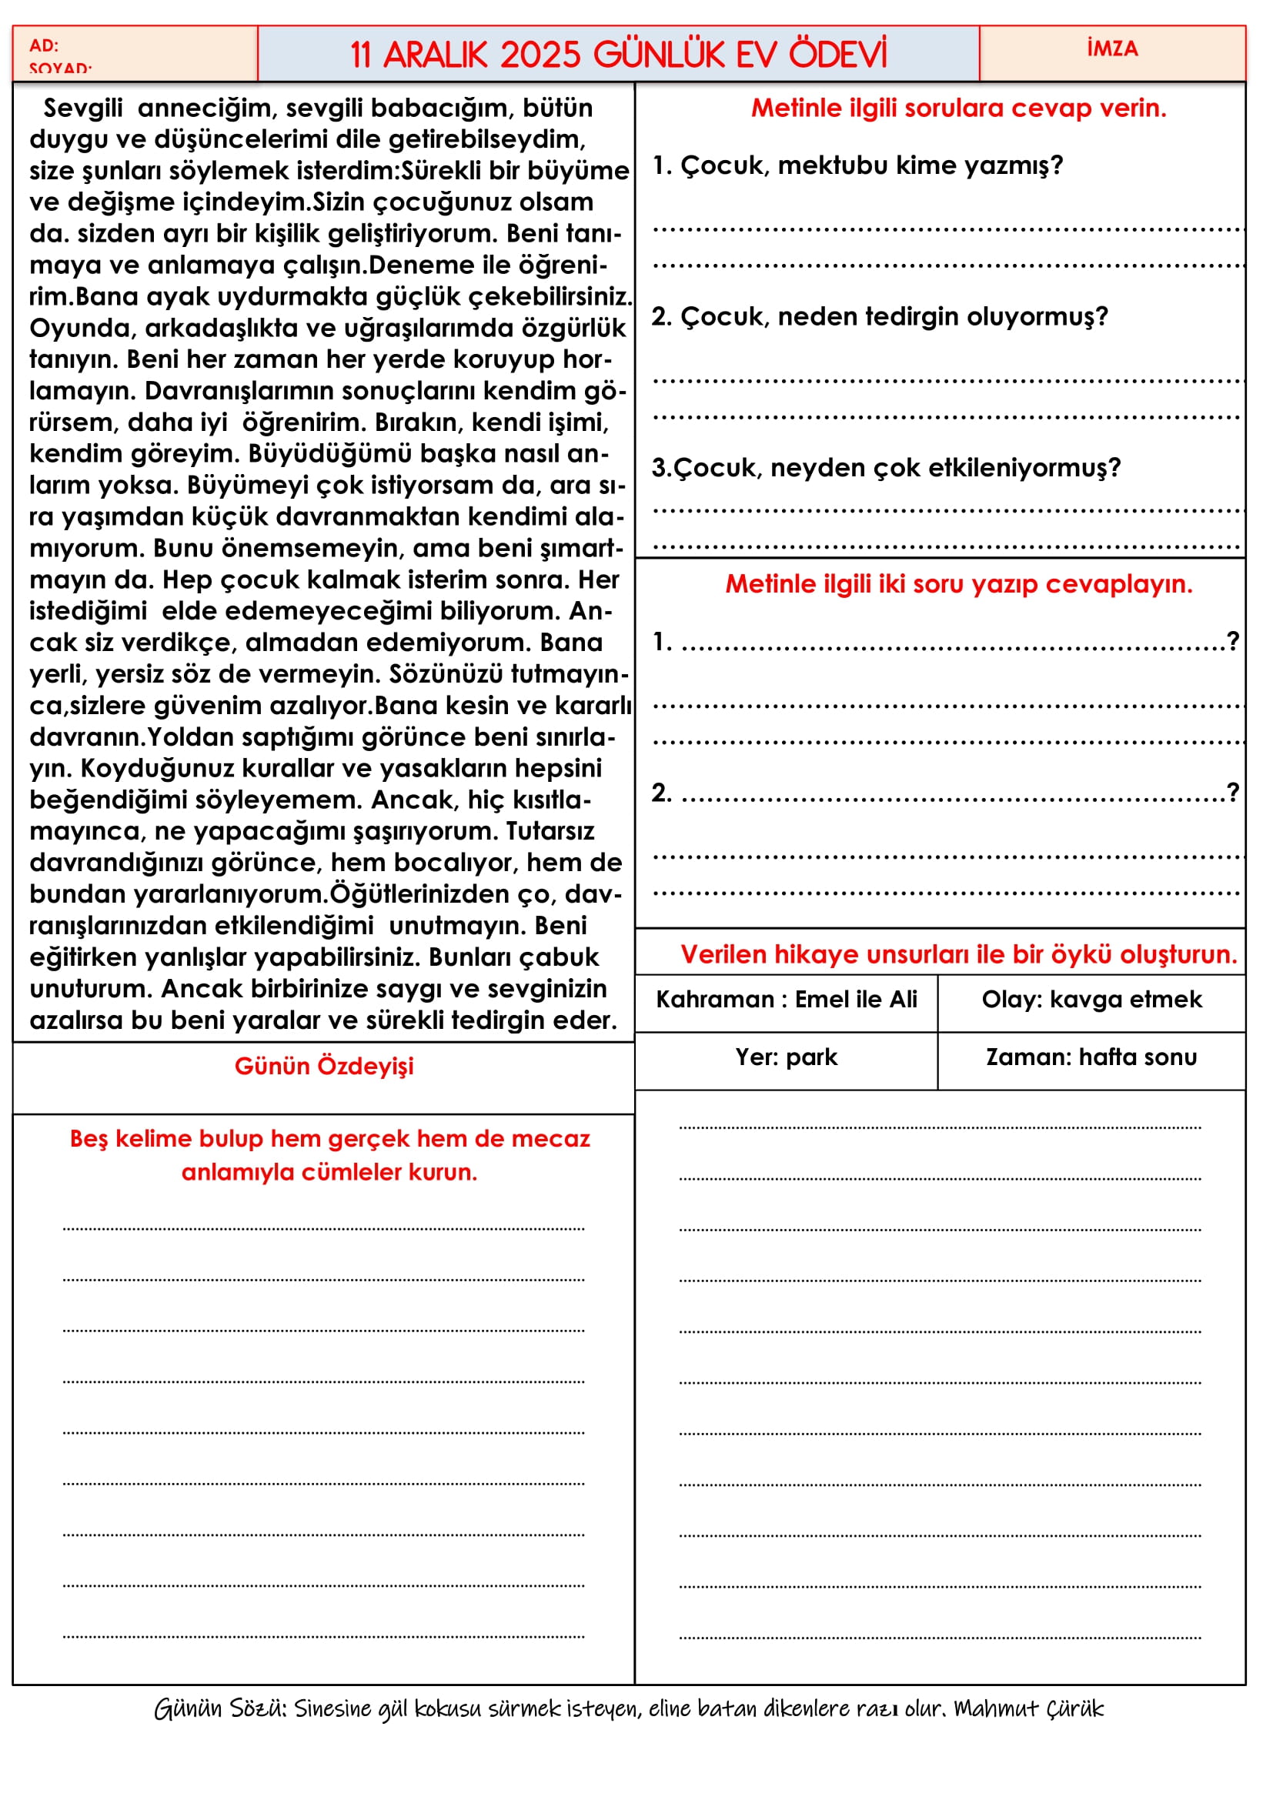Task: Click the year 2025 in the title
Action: pyautogui.click(x=540, y=55)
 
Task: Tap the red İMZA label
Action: pyautogui.click(x=1112, y=48)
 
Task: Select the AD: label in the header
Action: pyautogui.click(x=44, y=45)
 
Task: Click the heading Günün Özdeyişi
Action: pyautogui.click(x=324, y=1066)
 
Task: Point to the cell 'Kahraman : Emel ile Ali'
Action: pyautogui.click(x=787, y=1000)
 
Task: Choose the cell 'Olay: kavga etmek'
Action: pyautogui.click(x=1091, y=1000)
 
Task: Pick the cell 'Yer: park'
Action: pyautogui.click(x=787, y=1057)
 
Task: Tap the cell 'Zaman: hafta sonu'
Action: pyautogui.click(x=1091, y=1057)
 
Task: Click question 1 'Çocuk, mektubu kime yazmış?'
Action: pyautogui.click(x=857, y=165)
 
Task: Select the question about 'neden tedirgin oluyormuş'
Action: pyautogui.click(x=880, y=317)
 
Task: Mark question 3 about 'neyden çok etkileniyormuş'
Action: pyautogui.click(x=886, y=468)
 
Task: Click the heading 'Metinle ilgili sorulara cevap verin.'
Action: pyautogui.click(x=959, y=109)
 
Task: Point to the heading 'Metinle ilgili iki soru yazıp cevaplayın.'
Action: pyautogui.click(x=959, y=584)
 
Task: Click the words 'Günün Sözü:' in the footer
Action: pyautogui.click(x=220, y=1709)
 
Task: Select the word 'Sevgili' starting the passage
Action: pyautogui.click(x=83, y=109)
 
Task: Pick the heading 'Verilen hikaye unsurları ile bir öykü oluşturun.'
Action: pyautogui.click(x=959, y=955)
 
